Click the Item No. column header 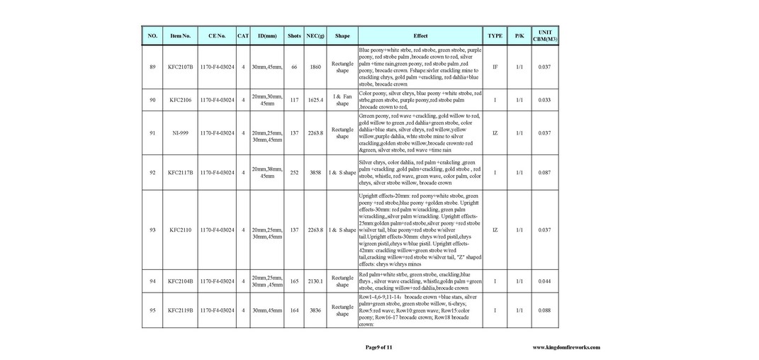point(181,35)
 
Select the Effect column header point(420,35)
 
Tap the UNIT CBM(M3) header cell point(544,35)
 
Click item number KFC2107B point(181,67)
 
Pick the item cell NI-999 point(181,133)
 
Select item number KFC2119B point(181,310)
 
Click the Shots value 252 point(294,172)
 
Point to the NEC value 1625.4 point(315,100)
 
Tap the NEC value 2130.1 point(315,281)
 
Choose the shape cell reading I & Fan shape point(342,100)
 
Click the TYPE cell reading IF point(495,67)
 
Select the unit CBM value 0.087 point(544,172)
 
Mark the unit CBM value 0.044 point(544,281)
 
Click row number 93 point(152,230)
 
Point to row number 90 point(152,100)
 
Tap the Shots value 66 point(294,67)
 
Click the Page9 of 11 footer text point(378,347)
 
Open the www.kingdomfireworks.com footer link point(566,347)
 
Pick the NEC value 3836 point(315,310)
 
